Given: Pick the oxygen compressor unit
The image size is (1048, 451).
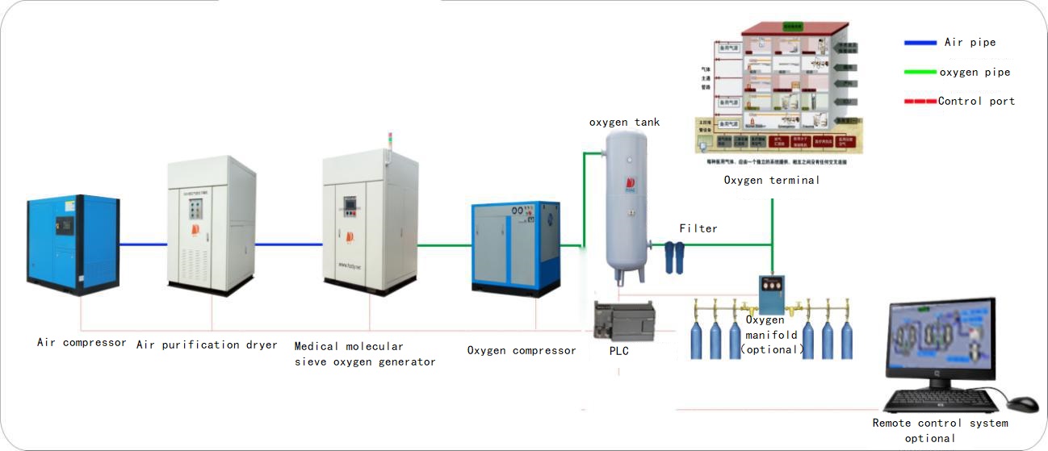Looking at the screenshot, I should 515,247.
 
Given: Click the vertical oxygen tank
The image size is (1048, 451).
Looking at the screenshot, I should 627,206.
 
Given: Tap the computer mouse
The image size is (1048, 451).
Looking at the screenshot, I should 1023,403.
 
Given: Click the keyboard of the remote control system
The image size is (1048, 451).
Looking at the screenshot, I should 938,400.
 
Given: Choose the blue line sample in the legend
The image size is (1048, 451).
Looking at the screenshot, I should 919,43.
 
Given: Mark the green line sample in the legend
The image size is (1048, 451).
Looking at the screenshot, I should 919,72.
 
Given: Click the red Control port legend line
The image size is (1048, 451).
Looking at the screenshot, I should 919,102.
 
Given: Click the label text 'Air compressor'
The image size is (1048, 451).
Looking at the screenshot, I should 82,342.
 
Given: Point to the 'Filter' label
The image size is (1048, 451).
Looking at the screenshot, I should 698,228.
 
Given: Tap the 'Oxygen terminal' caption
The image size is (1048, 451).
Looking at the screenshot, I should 771,180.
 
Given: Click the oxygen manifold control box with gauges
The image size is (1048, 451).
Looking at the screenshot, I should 771,295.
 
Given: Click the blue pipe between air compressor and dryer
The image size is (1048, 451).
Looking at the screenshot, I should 143,244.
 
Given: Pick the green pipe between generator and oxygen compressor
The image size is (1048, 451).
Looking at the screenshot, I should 445,244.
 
